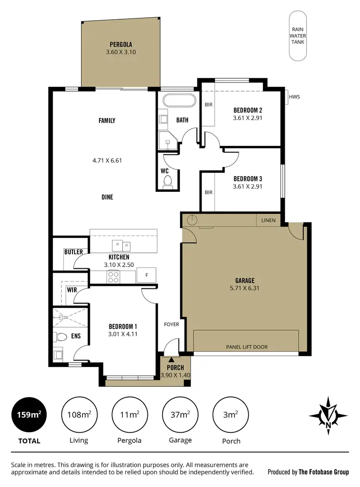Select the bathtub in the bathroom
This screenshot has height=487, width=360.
[179, 101]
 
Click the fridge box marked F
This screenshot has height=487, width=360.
[146, 275]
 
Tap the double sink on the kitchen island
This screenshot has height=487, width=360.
[121, 246]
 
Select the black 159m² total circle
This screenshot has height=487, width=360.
[30, 414]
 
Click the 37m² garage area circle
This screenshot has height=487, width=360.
[180, 414]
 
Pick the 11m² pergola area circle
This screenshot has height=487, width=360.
[128, 414]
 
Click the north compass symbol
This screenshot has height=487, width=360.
[328, 414]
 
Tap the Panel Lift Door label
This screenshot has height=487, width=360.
[247, 347]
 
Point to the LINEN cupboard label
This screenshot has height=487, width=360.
[268, 220]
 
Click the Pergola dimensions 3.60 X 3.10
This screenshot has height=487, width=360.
[121, 52]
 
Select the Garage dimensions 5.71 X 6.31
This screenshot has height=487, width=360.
[244, 288]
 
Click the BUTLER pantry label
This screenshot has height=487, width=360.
[73, 252]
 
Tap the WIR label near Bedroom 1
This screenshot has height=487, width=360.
[72, 289]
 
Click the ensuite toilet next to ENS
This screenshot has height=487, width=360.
[60, 337]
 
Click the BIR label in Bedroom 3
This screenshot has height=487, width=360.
[208, 192]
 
